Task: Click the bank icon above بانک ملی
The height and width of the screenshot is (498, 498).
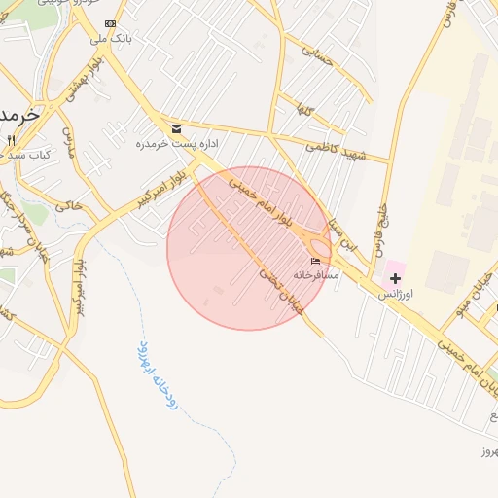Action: tap(110, 23)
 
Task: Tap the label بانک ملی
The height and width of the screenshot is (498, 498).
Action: tap(110, 39)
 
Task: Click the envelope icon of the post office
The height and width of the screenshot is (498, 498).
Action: tap(176, 128)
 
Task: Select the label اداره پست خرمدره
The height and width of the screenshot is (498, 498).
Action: tap(176, 143)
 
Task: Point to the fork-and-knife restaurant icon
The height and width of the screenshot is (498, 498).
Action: tap(11, 140)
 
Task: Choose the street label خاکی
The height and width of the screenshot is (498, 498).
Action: tap(69, 205)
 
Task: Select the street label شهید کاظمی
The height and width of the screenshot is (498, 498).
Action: tap(334, 145)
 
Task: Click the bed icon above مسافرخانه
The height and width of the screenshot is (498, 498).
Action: tap(315, 261)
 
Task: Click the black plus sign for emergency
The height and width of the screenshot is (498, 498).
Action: tap(395, 278)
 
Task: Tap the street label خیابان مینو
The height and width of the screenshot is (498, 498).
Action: tap(472, 303)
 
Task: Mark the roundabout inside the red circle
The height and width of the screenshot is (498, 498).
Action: tap(318, 247)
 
